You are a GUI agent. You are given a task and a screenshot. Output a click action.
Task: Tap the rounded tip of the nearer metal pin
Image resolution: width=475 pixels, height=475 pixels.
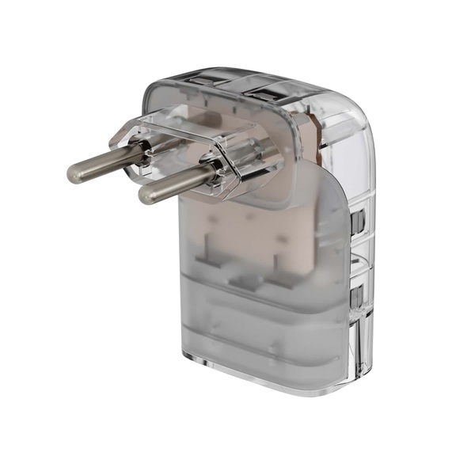pyautogui.click(x=145, y=193)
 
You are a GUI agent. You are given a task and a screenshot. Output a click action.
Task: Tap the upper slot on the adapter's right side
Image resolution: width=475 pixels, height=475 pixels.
pyautogui.click(x=358, y=221)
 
